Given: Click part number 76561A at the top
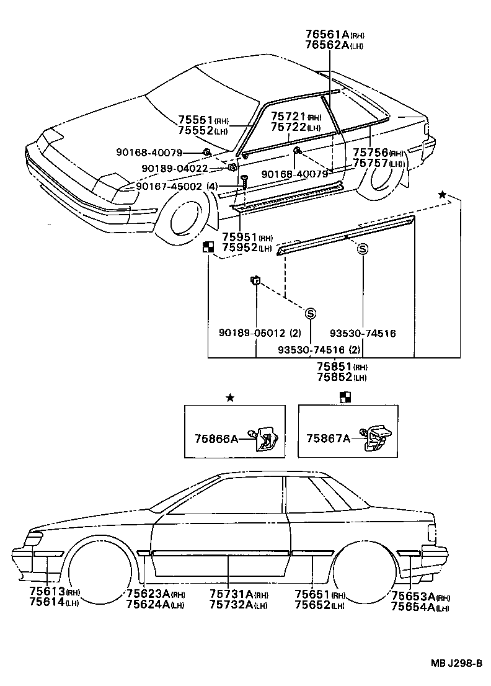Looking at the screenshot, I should click(x=327, y=35).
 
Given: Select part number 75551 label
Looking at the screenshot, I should click(x=195, y=120).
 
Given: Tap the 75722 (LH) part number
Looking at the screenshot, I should click(x=288, y=127).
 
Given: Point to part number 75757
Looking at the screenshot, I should click(x=371, y=163).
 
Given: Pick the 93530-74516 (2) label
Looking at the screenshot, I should click(x=319, y=349).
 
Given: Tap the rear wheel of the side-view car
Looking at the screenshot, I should click(x=365, y=574).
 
